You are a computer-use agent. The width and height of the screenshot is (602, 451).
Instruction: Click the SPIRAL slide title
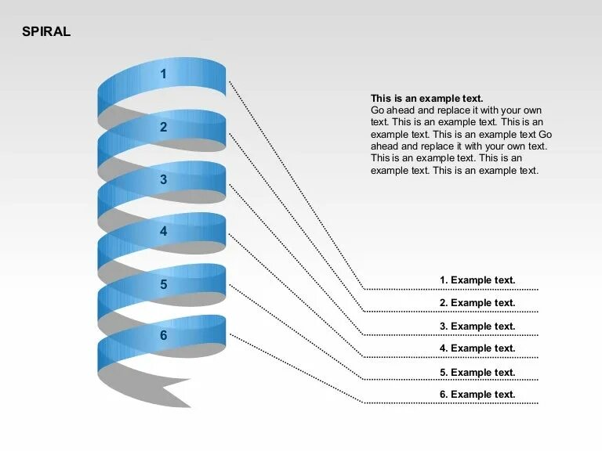point(46,32)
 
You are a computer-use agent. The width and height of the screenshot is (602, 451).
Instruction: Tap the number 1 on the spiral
point(164,74)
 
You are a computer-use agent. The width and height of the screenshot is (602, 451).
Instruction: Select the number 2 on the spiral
point(164,127)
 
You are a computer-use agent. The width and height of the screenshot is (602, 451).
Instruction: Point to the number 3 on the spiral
point(164,179)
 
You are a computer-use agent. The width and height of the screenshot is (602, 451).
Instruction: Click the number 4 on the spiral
point(164,231)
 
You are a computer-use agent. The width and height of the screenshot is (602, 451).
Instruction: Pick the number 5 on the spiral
point(164,284)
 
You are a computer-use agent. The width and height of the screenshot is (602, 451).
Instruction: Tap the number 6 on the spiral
point(164,335)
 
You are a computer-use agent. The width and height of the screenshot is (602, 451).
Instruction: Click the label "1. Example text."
point(477,280)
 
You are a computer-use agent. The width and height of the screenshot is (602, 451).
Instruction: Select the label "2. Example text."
point(477,303)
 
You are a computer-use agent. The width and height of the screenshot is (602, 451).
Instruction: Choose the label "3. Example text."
point(477,327)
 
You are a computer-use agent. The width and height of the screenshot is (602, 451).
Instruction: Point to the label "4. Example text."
point(477,348)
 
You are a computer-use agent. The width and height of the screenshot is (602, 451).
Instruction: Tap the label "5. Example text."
point(477,373)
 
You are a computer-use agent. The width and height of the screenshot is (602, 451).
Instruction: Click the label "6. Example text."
point(477,395)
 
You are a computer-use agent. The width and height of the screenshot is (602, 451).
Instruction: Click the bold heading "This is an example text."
point(426,99)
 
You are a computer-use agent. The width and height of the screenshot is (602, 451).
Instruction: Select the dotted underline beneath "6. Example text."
point(451,403)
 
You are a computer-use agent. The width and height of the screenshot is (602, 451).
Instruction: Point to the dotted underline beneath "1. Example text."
point(451,289)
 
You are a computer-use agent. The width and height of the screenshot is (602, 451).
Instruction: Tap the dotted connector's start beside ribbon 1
point(230,81)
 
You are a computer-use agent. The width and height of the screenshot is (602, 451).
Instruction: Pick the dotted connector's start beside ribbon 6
point(230,334)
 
